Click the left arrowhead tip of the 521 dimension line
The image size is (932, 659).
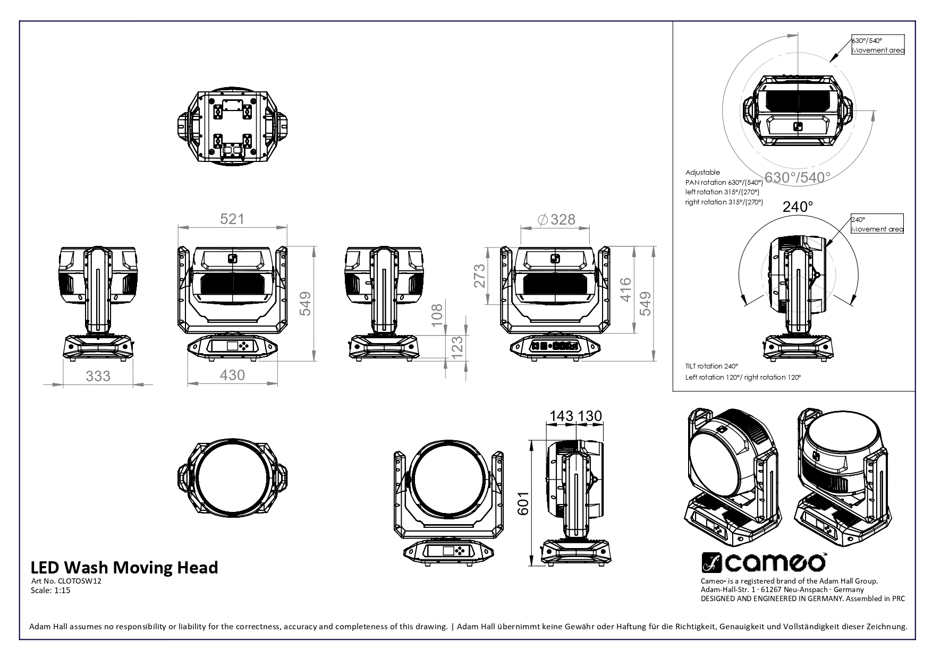(x=177, y=227)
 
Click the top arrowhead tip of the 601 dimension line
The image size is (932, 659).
(x=531, y=439)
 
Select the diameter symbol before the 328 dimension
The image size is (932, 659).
(x=543, y=219)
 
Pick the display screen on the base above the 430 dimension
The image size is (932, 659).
(x=232, y=346)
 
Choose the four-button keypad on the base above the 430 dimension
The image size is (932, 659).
(x=245, y=346)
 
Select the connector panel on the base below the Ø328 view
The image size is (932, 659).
(x=555, y=346)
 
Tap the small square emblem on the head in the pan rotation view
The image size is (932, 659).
(x=798, y=126)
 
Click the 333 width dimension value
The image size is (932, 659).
(x=98, y=376)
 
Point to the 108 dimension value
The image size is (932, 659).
(x=437, y=315)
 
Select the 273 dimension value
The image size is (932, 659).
(x=480, y=276)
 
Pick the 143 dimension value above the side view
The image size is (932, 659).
(x=562, y=416)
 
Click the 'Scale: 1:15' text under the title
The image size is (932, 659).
(x=51, y=590)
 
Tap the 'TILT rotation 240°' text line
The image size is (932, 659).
(x=712, y=366)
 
